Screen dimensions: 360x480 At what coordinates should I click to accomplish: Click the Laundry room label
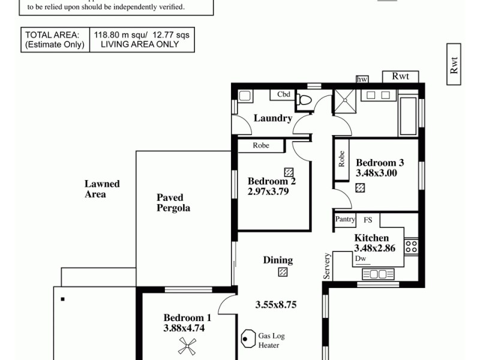coord(272,118)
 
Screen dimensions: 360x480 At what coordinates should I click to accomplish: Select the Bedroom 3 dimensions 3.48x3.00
coord(377,173)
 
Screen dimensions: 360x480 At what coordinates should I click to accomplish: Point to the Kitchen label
coord(371,238)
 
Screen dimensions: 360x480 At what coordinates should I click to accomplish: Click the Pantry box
coord(345,220)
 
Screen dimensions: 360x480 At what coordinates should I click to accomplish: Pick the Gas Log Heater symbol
coord(247,340)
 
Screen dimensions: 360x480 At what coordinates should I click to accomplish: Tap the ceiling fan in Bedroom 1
coord(187,345)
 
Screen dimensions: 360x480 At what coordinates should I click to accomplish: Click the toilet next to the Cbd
coord(304,100)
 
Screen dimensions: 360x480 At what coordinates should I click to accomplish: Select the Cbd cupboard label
coord(284,94)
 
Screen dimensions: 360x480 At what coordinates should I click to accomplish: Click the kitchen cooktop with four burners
coord(412,246)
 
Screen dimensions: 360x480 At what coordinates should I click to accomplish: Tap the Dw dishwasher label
coord(360,259)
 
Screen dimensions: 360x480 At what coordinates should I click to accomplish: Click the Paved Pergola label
coord(173,203)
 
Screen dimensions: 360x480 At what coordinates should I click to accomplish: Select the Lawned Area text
coord(102,189)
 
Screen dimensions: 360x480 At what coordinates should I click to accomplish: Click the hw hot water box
coord(362,79)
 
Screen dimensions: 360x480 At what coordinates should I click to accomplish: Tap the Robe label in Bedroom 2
coord(260,145)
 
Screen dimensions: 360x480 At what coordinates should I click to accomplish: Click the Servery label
coord(327,265)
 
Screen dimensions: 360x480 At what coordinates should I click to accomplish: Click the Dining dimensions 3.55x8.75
coord(276,304)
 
